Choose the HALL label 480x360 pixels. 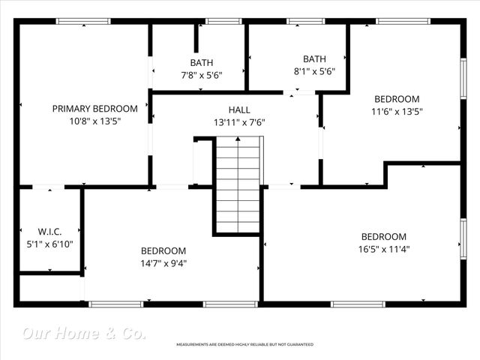tap(239, 109)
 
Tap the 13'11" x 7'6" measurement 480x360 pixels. tap(239, 121)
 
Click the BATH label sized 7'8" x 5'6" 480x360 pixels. tap(201, 63)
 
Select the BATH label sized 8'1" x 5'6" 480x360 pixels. tap(314, 59)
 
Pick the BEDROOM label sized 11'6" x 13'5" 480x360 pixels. tap(397, 99)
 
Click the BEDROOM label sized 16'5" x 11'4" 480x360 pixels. tap(383, 236)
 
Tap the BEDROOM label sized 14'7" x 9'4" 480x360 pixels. tap(163, 250)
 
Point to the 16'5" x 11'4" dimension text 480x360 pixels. tap(383, 249)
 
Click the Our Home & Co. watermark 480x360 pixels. tap(84, 332)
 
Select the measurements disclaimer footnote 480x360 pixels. tap(244, 344)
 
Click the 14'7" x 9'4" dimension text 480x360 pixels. tap(163, 263)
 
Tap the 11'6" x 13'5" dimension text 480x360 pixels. tap(397, 112)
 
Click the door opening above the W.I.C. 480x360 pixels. tap(49, 187)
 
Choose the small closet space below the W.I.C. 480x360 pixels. tap(49, 288)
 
